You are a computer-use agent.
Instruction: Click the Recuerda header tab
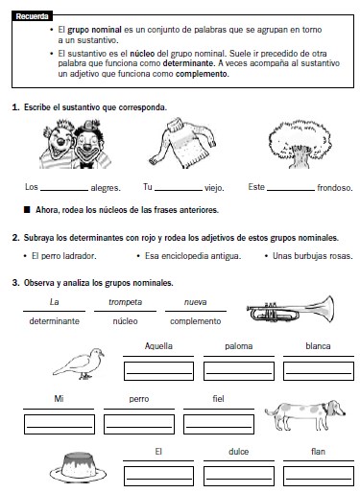click(32, 16)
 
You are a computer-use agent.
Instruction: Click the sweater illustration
click(182, 143)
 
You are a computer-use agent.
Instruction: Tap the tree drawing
click(300, 144)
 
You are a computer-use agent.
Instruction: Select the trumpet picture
click(290, 309)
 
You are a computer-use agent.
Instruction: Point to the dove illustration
click(79, 364)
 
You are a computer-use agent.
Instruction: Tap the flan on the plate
click(78, 467)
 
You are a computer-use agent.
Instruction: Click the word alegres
click(106, 188)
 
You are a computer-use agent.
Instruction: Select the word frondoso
click(335, 188)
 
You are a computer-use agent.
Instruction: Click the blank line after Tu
click(179, 190)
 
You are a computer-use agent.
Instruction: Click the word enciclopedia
click(186, 256)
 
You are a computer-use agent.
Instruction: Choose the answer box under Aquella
click(158, 371)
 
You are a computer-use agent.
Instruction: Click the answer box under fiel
click(219, 424)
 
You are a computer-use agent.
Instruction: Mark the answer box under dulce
click(239, 476)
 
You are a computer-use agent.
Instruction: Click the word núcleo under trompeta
click(125, 321)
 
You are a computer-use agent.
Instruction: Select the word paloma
click(239, 346)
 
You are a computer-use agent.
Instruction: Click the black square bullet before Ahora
click(27, 210)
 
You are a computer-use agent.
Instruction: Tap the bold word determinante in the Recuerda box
click(188, 63)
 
